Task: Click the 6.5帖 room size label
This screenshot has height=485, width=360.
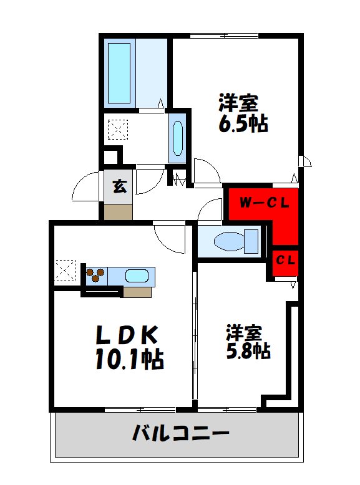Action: click(243, 124)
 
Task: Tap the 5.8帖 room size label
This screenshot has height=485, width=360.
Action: click(248, 350)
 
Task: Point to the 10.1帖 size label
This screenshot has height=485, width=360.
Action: click(129, 360)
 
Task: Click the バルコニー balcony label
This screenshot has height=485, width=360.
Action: click(180, 433)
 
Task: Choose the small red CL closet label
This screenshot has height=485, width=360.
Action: click(286, 259)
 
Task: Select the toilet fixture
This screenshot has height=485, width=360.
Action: click(236, 241)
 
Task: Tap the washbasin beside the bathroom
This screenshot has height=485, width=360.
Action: click(177, 138)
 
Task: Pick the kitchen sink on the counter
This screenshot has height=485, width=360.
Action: click(137, 276)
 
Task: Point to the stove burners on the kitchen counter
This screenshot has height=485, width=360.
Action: click(95, 275)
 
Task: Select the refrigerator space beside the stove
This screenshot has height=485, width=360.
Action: click(66, 271)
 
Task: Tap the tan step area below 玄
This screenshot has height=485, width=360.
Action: click(118, 211)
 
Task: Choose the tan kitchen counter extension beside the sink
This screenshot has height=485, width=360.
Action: click(137, 291)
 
